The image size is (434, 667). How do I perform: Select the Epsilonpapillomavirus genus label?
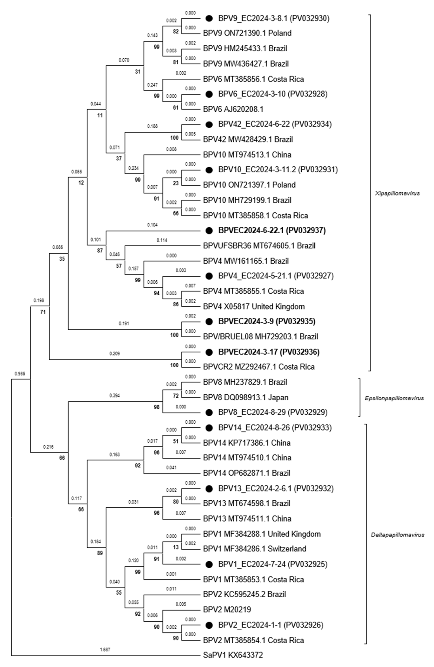coord(394,398)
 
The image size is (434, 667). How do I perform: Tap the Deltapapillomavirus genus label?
coord(397,535)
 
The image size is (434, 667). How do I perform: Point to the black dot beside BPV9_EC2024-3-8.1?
coord(209,18)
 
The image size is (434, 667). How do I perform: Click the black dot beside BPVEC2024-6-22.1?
coord(209,231)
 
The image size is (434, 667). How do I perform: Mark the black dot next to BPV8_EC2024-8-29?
coord(209,412)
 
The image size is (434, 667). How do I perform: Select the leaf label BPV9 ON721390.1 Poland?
coord(247,33)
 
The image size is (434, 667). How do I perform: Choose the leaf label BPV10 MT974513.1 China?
coord(247,155)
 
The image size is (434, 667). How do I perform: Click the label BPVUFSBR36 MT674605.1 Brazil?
coord(259,246)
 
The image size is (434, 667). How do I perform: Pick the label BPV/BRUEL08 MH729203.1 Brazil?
coord(260,337)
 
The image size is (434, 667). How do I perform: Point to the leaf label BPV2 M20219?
coord(227,610)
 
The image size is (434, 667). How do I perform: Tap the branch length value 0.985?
coord(20,374)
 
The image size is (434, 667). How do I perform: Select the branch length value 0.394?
coord(114,396)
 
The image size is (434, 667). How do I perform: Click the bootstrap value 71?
coord(43,312)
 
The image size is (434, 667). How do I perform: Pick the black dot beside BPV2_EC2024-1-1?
coord(209,625)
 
